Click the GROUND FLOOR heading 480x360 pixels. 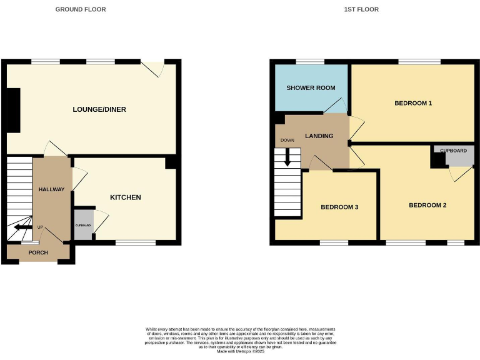[81, 9]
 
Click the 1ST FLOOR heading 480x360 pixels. [361, 9]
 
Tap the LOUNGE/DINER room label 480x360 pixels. [99, 109]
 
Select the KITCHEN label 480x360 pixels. [126, 197]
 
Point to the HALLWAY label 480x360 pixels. [51, 189]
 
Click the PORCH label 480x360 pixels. [38, 252]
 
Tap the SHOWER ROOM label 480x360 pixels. [311, 88]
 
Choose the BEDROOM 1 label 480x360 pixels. [413, 103]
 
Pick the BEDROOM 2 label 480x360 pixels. [427, 205]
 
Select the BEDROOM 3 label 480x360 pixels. [339, 207]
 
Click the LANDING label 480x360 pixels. [319, 136]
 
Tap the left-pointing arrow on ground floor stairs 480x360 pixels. [23, 227]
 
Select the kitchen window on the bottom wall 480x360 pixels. [136, 242]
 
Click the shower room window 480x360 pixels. [306, 61]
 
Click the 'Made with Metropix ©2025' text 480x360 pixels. [240, 352]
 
